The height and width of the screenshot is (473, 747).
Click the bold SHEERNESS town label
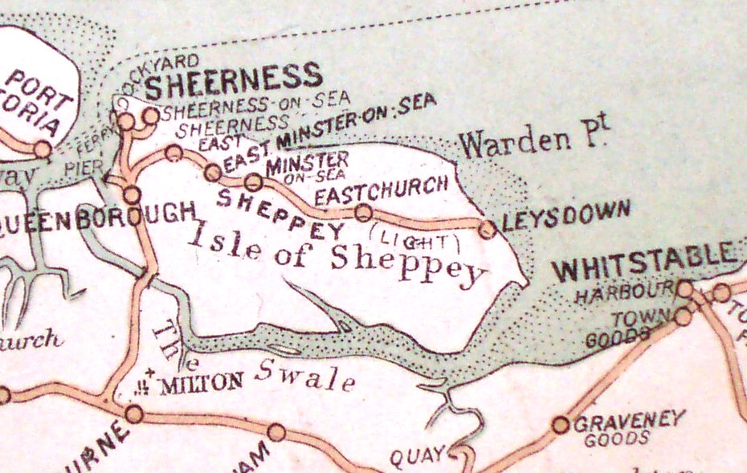coord(233,79)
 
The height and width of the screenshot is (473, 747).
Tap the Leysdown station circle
coord(487,230)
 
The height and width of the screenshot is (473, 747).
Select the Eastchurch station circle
coord(363,212)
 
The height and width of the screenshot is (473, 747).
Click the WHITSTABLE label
coord(644,267)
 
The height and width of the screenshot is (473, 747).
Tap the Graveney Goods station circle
coord(561,425)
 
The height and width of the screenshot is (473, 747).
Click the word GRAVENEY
coord(629,420)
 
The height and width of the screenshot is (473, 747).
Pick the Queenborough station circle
coord(132,194)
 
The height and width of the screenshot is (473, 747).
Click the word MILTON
coord(202,382)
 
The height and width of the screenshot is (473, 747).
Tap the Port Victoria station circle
coord(42,149)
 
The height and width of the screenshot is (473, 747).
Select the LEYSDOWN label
coord(565,215)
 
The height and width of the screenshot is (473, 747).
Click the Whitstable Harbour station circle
coord(684,288)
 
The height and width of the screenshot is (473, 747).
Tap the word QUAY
coord(417,457)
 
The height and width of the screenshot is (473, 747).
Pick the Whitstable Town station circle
coord(682,316)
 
